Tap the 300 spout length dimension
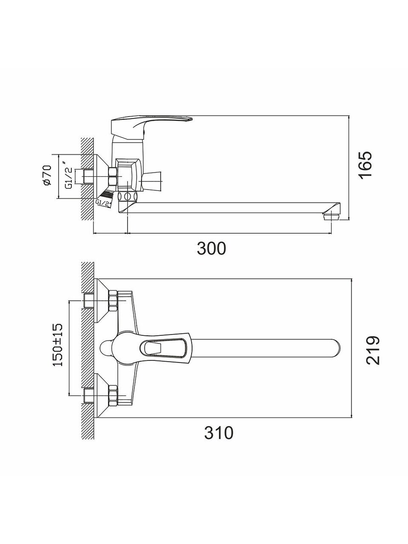[x=211, y=248]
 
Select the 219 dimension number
[x=373, y=350]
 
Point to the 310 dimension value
[x=219, y=433]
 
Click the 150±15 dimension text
[x=58, y=345]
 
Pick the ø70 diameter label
[x=47, y=175]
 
